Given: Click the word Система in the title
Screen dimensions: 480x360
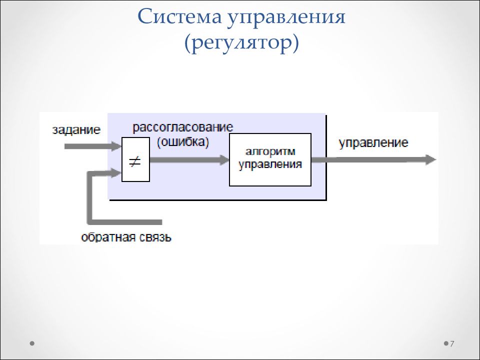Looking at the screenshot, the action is (179, 17).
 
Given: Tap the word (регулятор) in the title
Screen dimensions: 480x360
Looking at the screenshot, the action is (241, 44).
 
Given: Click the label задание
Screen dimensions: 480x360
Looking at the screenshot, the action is (76, 130).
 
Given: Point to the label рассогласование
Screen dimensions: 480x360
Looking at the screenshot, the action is (183, 127).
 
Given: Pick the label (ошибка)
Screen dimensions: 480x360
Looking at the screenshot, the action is (183, 142).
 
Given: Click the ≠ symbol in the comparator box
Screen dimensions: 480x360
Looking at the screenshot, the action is (135, 161).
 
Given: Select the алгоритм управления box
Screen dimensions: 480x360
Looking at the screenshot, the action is (270, 159).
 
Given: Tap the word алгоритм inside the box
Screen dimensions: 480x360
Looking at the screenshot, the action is (270, 152).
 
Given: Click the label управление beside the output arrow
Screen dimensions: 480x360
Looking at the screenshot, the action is (373, 143).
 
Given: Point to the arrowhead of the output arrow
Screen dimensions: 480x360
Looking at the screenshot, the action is (431, 159).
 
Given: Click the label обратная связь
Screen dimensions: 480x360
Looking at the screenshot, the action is (126, 237).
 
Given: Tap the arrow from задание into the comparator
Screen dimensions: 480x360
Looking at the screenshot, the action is (93, 146).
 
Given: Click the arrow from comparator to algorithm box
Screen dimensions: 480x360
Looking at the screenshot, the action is (189, 159).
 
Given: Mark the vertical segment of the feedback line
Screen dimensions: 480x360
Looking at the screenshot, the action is (90, 197).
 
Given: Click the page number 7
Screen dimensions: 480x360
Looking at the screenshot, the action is (452, 344).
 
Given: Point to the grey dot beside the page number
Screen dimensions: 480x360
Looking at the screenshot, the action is (446, 343).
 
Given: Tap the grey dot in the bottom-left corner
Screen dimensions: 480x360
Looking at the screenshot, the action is (32, 343).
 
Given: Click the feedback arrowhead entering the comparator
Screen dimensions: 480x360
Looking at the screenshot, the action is (116, 173).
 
